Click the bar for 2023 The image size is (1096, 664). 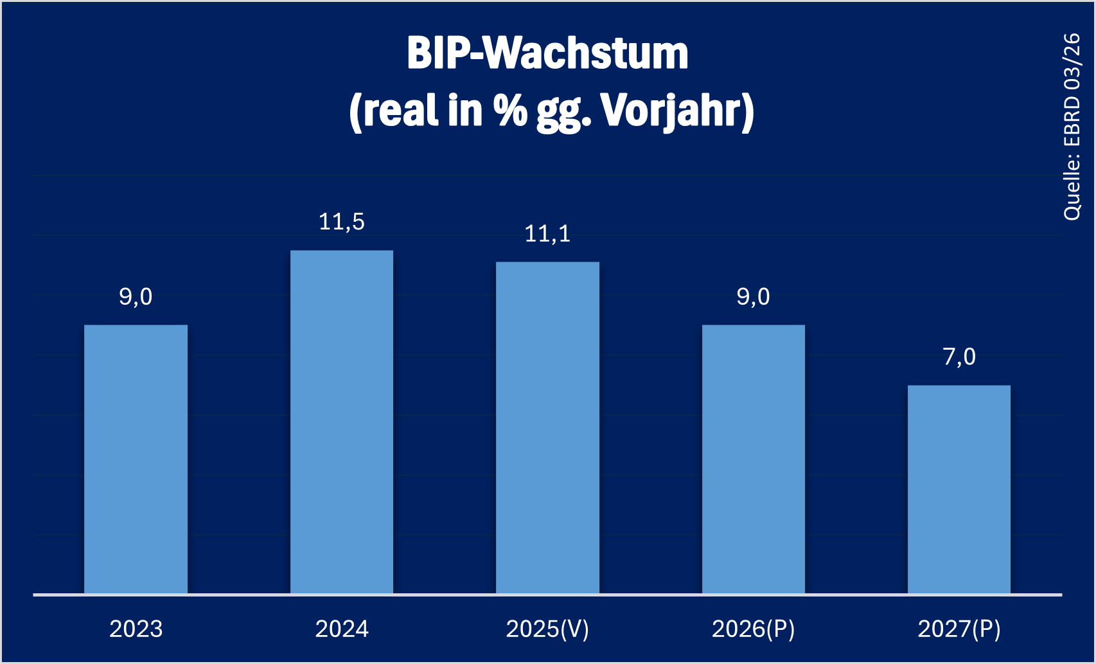136,459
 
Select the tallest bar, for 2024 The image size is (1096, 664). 342,422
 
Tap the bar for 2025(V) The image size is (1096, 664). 547,427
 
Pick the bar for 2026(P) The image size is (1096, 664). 753,459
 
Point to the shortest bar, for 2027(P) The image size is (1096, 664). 959,489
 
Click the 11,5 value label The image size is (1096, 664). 342,222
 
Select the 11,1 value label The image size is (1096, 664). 547,234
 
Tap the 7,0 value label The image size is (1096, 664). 959,357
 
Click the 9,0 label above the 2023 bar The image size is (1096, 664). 136,297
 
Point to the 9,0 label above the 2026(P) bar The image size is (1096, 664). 753,297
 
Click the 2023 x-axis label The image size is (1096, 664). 136,629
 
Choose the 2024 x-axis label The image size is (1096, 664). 342,629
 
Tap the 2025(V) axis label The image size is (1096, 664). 547,629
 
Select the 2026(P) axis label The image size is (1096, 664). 753,629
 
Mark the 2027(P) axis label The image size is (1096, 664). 959,629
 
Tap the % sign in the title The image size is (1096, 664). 510,111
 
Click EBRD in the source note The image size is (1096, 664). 1072,122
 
